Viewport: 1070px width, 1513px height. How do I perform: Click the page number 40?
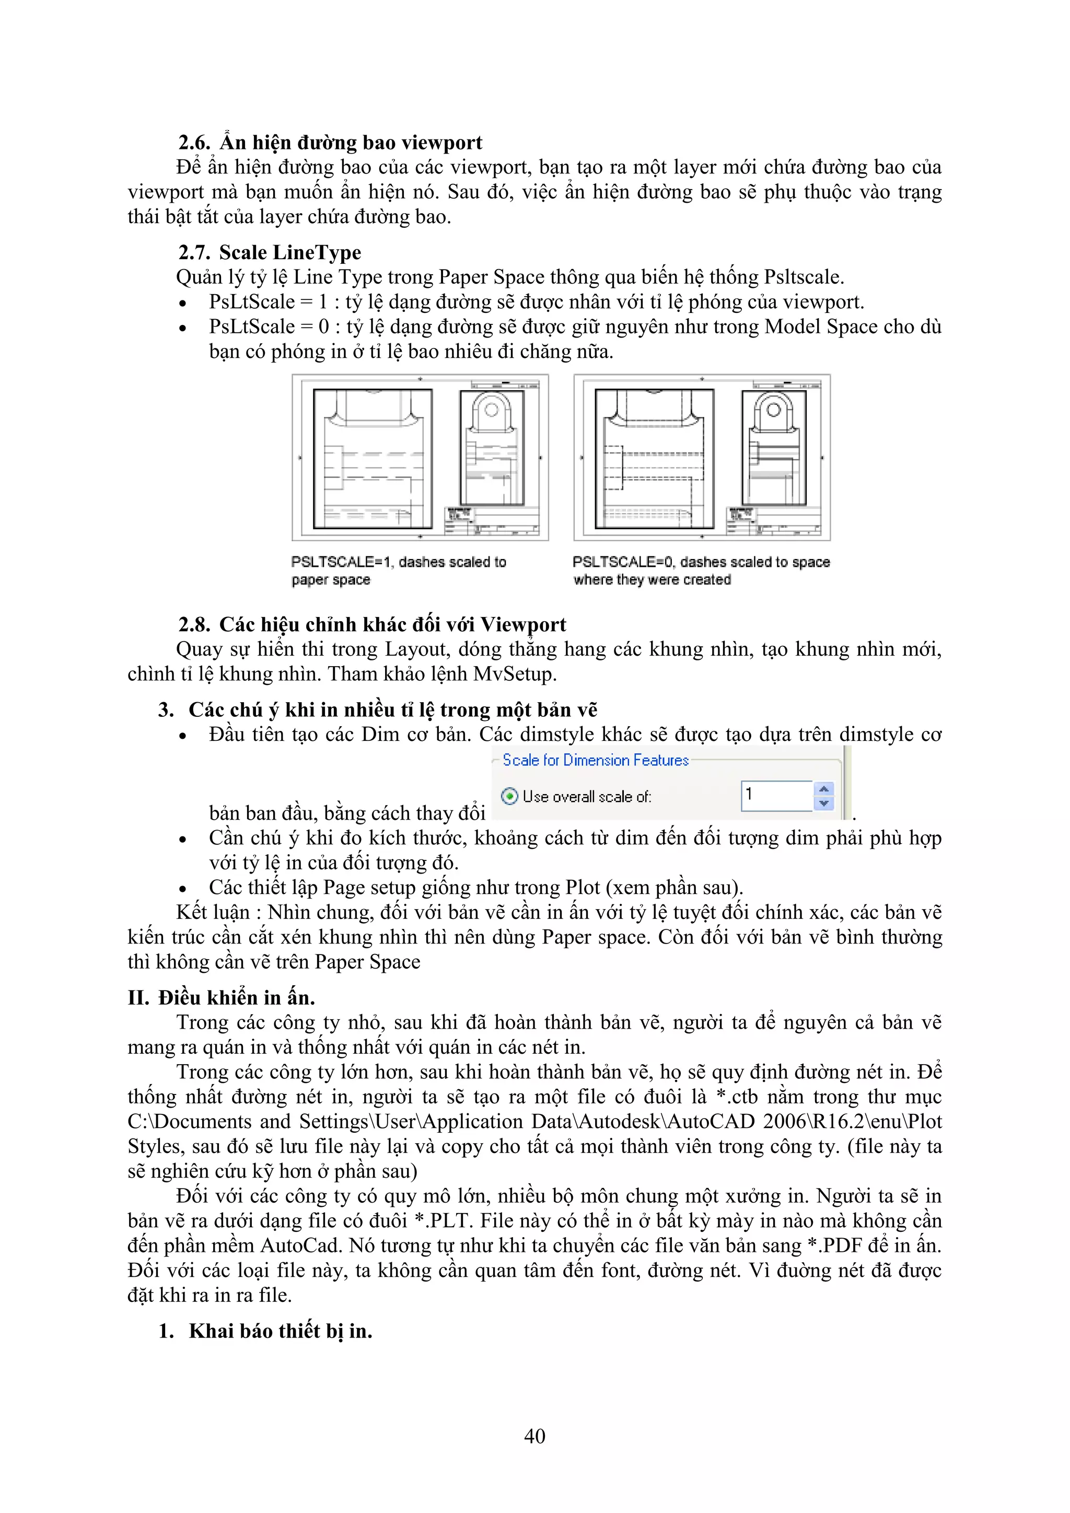click(534, 1436)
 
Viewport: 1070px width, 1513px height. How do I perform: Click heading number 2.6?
click(194, 143)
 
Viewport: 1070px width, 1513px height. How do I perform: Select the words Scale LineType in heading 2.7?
click(290, 253)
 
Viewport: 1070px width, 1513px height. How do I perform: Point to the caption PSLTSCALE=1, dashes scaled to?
click(399, 562)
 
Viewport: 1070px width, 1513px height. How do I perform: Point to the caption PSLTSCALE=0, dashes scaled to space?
click(701, 562)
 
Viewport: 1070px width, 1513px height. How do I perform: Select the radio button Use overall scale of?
click(509, 796)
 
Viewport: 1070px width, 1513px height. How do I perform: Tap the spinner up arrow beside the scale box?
click(823, 789)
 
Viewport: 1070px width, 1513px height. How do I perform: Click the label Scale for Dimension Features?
click(595, 761)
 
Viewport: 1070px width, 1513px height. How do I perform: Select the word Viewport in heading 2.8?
click(523, 625)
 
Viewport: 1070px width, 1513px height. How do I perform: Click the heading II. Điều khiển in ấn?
click(222, 998)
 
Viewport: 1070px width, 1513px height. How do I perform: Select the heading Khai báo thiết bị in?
click(280, 1331)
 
